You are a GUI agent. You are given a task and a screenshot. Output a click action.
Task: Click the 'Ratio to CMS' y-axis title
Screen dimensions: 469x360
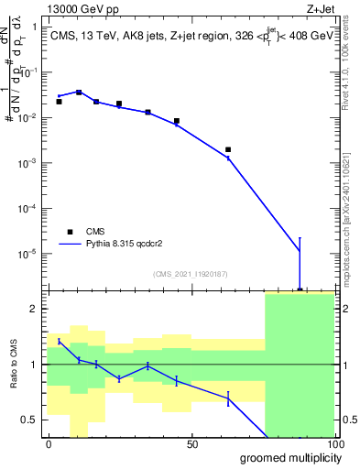[x=12, y=365]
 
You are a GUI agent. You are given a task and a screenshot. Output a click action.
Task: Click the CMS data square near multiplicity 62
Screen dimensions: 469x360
[x=228, y=149]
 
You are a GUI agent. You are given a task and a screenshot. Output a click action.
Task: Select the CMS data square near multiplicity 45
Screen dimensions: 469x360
[x=176, y=121]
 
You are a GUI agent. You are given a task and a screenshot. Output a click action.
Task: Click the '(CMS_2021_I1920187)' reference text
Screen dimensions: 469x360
[x=191, y=274]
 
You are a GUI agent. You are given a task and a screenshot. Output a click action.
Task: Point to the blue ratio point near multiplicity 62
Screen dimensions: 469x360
[x=228, y=398]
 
